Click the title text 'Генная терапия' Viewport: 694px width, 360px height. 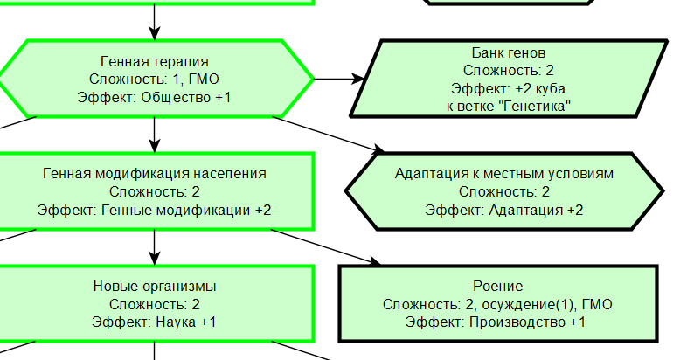pyautogui.click(x=155, y=61)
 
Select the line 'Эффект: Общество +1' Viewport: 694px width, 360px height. pyautogui.click(x=155, y=97)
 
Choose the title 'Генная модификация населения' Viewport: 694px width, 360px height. pyautogui.click(x=155, y=174)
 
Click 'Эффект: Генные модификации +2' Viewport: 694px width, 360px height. pyautogui.click(x=155, y=210)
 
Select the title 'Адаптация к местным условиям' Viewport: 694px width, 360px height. pyautogui.click(x=504, y=174)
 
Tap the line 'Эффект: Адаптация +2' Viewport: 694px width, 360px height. pyautogui.click(x=504, y=210)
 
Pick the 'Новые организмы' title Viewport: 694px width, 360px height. pyautogui.click(x=155, y=287)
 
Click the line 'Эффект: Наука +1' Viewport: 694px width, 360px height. pyautogui.click(x=155, y=322)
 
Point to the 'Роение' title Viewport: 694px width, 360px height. pyautogui.click(x=497, y=287)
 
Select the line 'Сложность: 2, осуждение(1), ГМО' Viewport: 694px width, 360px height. pyautogui.click(x=497, y=304)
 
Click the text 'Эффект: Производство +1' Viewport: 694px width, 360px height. pyautogui.click(x=497, y=322)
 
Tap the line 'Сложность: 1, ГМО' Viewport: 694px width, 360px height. pyautogui.click(x=155, y=79)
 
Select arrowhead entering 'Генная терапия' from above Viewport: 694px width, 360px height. pyautogui.click(x=155, y=32)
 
